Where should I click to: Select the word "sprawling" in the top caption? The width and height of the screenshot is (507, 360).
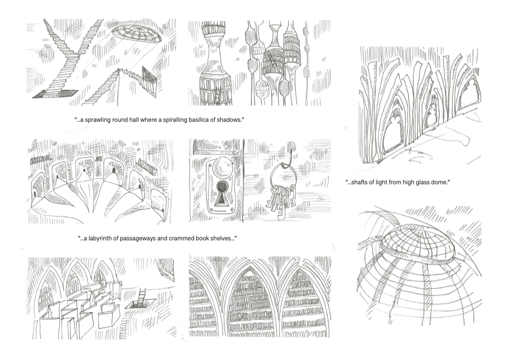point(96,120)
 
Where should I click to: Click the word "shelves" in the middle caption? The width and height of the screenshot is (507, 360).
point(224,238)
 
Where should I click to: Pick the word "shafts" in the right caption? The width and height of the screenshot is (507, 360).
point(359,182)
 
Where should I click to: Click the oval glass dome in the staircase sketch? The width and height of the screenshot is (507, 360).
point(136,35)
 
